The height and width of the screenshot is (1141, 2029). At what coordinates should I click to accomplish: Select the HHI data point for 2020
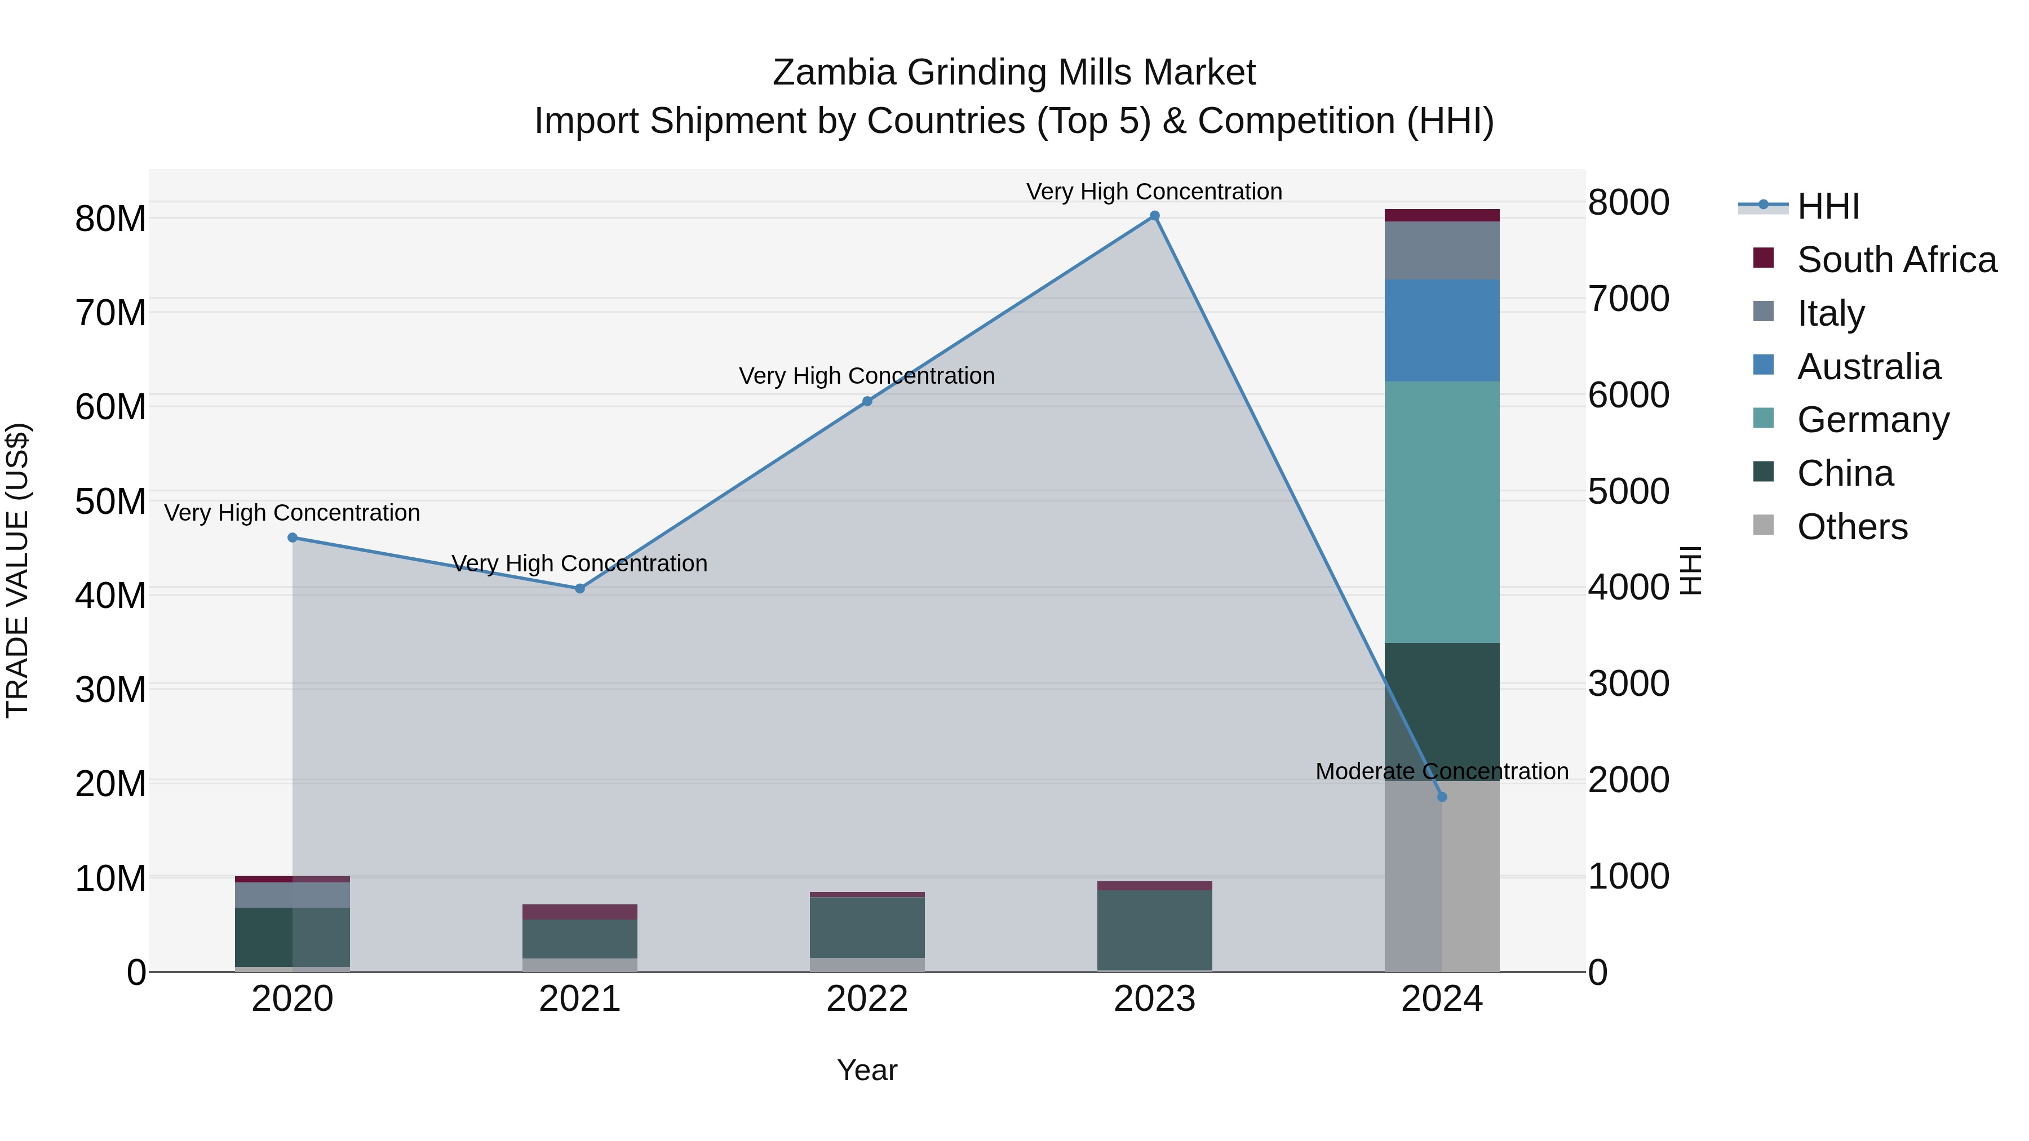click(x=292, y=538)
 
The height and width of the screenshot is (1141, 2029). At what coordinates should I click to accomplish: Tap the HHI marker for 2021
click(x=580, y=588)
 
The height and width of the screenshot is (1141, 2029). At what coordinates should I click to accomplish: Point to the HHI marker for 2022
click(x=867, y=402)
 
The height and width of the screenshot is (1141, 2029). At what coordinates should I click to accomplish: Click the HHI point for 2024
click(x=1442, y=797)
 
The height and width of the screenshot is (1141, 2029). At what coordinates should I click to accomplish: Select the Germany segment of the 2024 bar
click(x=1442, y=512)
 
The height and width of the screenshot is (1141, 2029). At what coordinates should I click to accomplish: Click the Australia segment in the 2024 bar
click(x=1442, y=331)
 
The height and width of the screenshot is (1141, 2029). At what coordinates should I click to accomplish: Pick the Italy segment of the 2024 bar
click(x=1442, y=250)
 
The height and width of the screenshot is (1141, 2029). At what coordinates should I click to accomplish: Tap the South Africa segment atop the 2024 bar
click(x=1442, y=215)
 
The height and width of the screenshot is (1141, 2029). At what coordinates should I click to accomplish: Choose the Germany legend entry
click(x=1873, y=420)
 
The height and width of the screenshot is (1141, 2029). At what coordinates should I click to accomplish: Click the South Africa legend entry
click(x=1897, y=260)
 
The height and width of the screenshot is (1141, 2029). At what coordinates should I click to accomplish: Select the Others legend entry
click(x=1852, y=527)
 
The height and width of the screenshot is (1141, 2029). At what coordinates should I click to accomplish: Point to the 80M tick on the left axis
click(x=110, y=219)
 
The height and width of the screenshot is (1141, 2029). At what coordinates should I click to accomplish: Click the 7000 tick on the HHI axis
click(x=1628, y=299)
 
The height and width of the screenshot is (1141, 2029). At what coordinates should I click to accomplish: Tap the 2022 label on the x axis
click(x=867, y=999)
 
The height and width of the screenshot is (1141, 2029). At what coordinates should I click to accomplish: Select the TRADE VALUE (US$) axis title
click(x=18, y=570)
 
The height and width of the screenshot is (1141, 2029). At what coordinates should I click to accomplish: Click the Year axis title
click(x=867, y=1070)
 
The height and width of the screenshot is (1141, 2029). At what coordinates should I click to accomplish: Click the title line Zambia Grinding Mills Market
click(x=1014, y=73)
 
